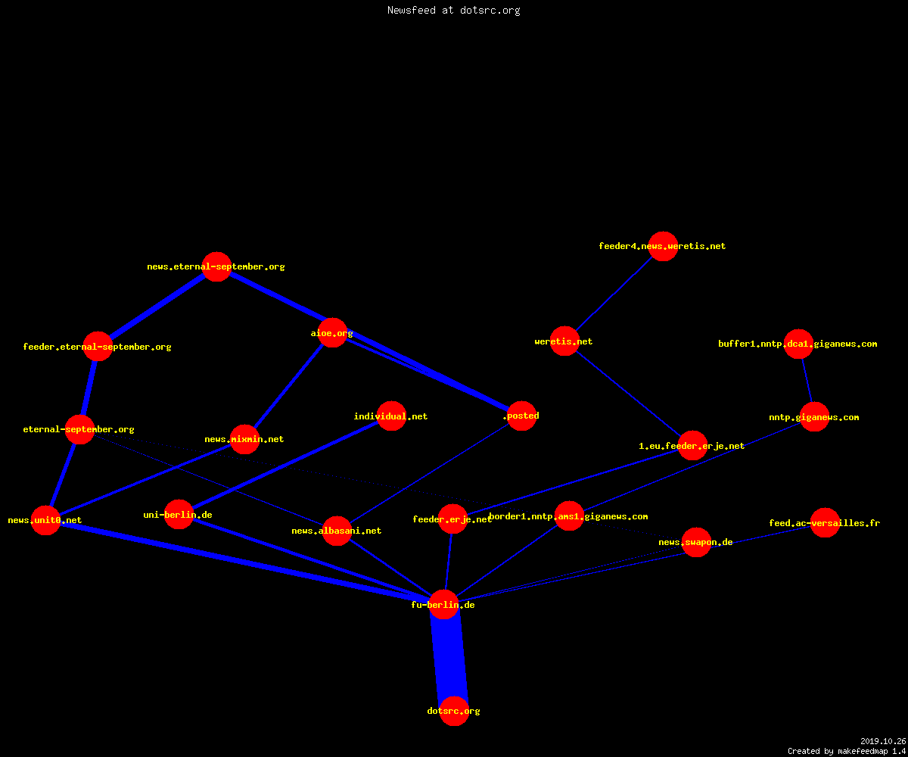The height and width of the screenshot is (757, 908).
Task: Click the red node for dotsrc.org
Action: (454, 711)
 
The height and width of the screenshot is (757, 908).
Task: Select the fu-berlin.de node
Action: (444, 604)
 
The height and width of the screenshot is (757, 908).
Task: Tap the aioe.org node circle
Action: (333, 333)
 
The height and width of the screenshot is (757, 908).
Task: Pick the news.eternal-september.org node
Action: (216, 266)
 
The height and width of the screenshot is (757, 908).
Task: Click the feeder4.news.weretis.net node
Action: (663, 246)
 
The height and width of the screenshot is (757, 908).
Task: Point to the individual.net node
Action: (391, 416)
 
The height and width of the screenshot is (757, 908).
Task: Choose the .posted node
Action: (521, 416)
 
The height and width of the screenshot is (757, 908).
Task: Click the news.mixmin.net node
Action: (245, 439)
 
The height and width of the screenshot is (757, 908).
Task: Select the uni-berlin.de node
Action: (179, 514)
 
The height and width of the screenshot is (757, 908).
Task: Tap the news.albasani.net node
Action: (337, 531)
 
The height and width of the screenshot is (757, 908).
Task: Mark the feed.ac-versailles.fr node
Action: (825, 522)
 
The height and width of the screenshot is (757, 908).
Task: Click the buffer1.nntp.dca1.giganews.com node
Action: (798, 344)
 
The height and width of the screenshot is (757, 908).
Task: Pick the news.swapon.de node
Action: (696, 542)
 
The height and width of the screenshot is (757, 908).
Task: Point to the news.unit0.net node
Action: (45, 520)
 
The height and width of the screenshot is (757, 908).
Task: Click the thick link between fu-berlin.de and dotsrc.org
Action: (449, 658)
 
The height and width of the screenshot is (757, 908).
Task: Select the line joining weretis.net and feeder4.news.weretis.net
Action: (614, 294)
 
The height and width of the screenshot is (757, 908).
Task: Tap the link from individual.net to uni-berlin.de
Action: (285, 465)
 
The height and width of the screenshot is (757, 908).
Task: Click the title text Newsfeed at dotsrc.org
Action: (453, 10)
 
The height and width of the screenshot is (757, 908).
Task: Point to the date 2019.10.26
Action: (883, 741)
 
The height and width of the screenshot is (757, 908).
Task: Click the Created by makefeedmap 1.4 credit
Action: (847, 751)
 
